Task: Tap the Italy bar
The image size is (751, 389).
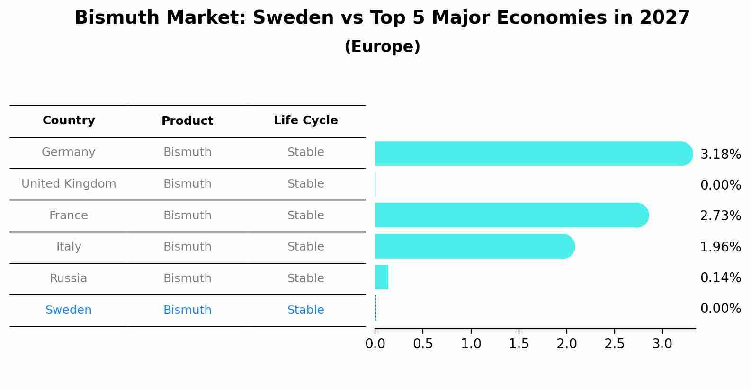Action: [x=474, y=246]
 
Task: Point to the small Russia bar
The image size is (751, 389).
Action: [x=382, y=277]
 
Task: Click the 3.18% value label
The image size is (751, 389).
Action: [x=720, y=155]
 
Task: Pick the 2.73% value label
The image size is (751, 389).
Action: [x=720, y=216]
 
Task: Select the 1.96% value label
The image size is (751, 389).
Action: [x=720, y=247]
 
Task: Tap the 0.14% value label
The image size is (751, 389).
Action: [x=720, y=277]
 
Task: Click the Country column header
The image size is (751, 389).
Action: [x=69, y=121]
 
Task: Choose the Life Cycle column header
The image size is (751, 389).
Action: [x=305, y=121]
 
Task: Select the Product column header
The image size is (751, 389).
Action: [x=187, y=121]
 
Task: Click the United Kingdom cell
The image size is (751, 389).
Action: [x=69, y=184]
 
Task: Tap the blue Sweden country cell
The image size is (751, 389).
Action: [x=69, y=310]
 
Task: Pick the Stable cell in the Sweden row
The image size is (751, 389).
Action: [x=305, y=310]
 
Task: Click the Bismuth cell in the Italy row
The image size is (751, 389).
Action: [x=187, y=247]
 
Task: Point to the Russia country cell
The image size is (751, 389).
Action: [x=69, y=278]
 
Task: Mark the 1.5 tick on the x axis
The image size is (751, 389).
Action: [x=519, y=344]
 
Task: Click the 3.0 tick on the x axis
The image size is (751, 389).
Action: [x=662, y=344]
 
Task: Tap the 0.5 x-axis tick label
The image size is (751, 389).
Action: [x=423, y=344]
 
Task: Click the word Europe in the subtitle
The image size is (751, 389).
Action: [x=382, y=47]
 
